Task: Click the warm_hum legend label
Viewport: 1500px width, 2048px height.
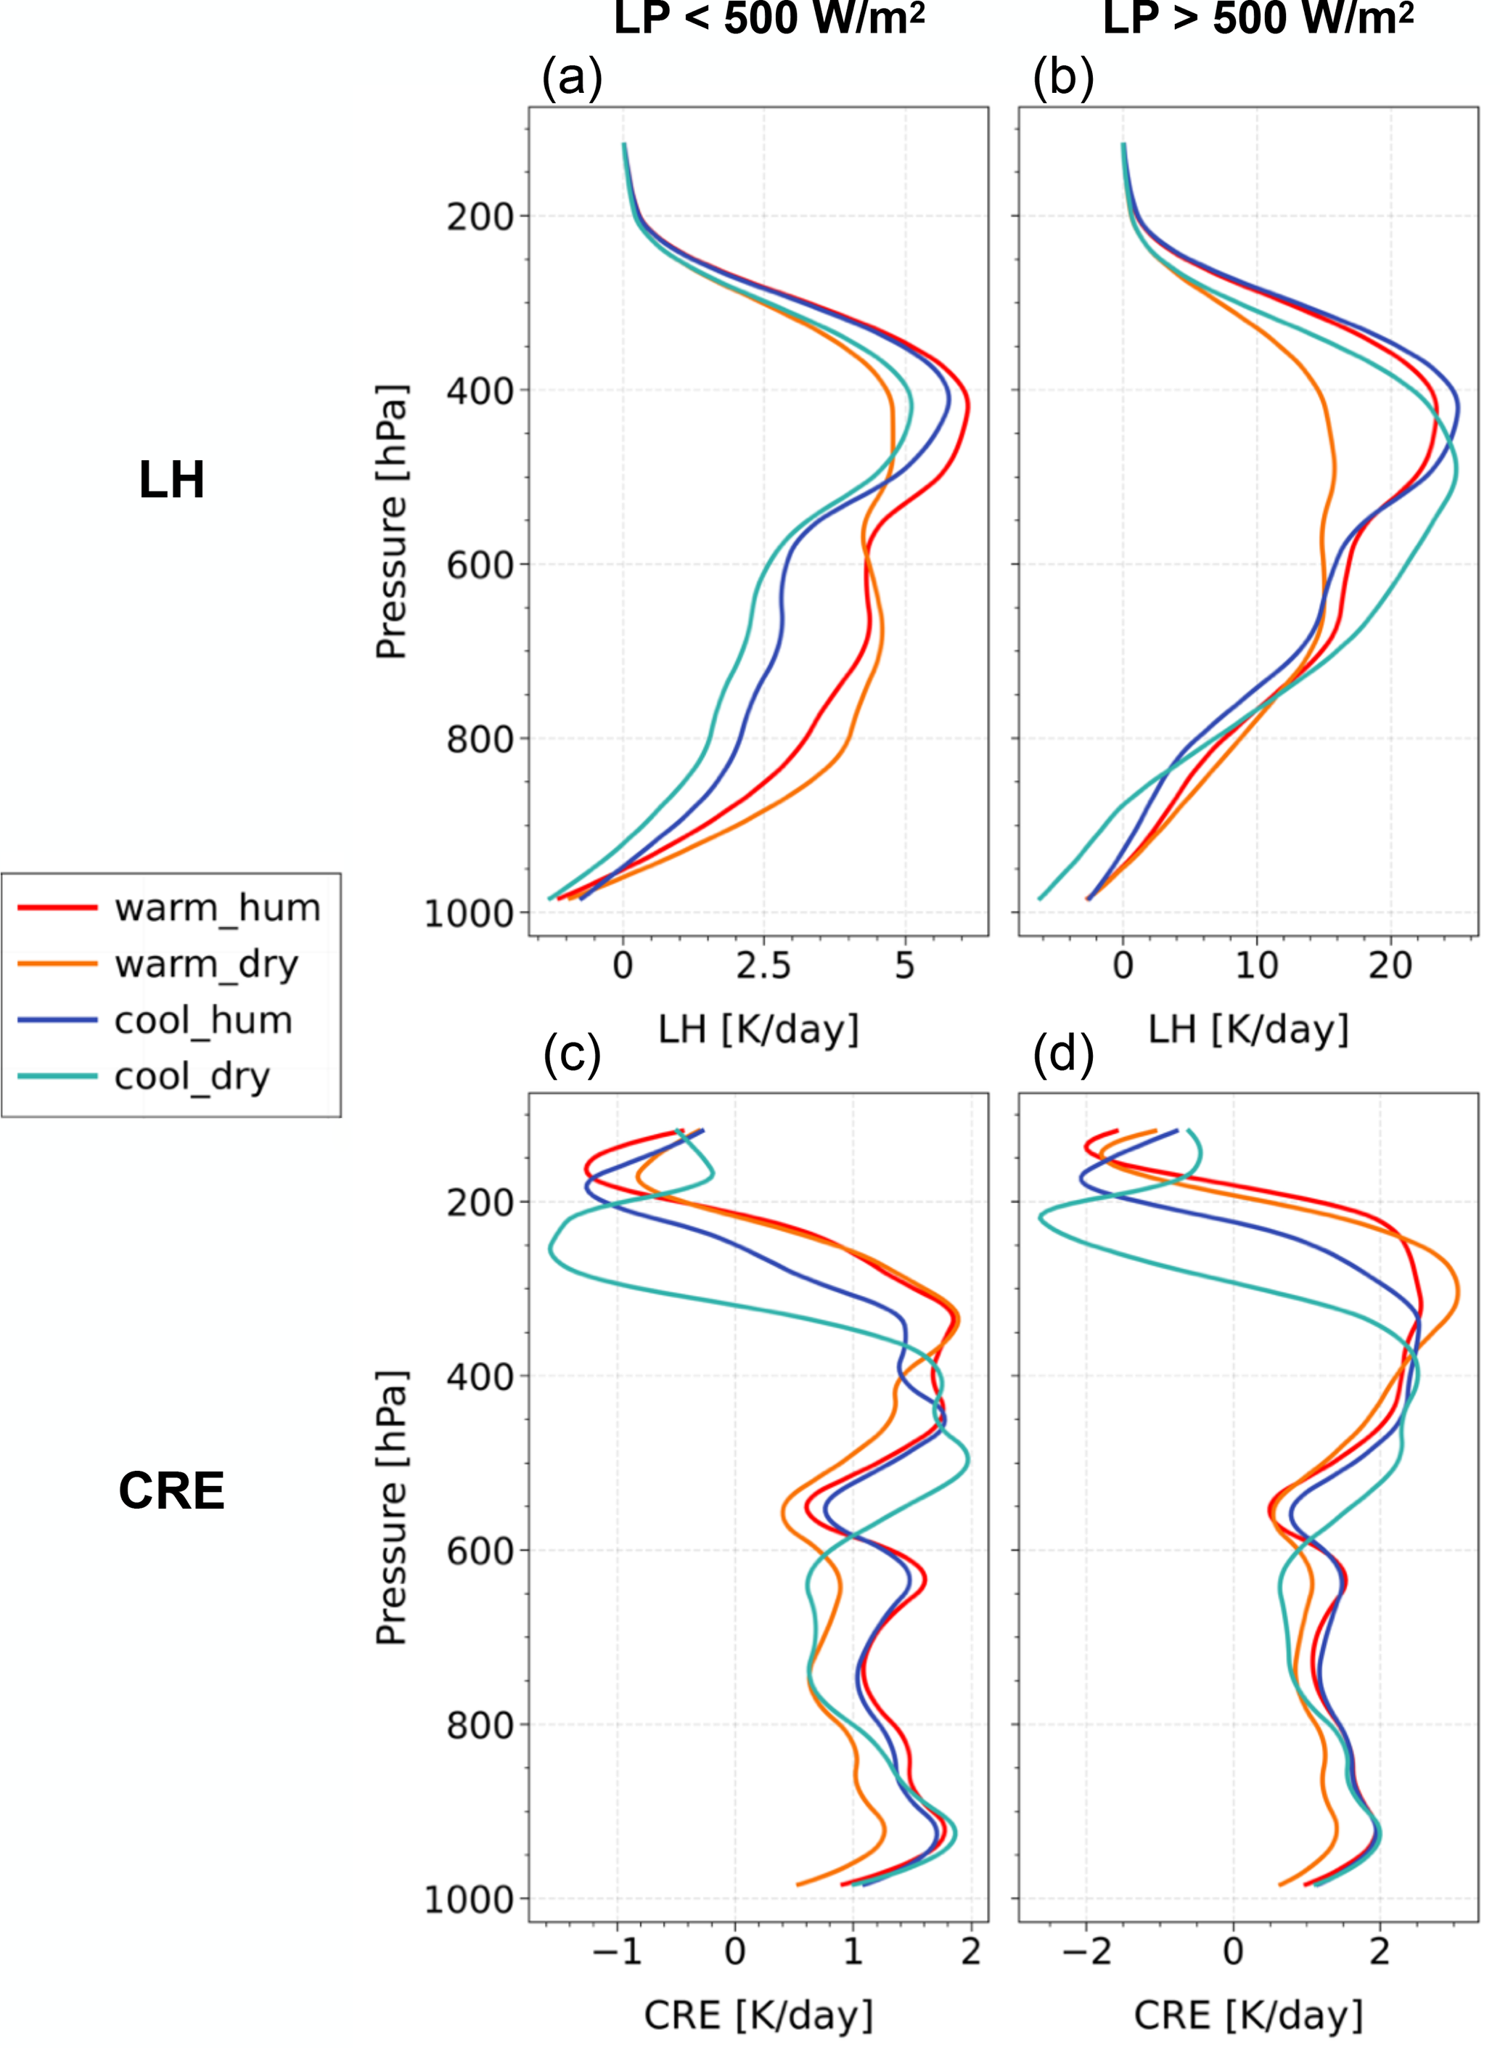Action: coord(217,907)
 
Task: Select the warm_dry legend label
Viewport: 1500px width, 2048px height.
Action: coord(206,965)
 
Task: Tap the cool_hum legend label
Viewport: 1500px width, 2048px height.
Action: coord(203,1021)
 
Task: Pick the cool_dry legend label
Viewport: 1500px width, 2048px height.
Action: coord(192,1077)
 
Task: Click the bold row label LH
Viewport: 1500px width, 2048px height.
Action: coord(171,480)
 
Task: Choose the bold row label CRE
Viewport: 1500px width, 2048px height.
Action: coord(171,1490)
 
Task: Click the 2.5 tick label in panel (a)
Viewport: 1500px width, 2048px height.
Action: coord(763,966)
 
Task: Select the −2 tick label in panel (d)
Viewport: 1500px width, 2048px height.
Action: coord(1085,1951)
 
